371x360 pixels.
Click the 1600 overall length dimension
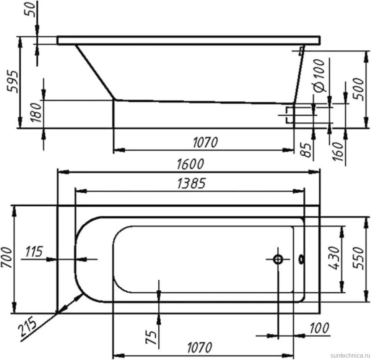point(190,164)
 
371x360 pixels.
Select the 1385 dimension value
point(191,183)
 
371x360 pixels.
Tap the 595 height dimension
point(13,81)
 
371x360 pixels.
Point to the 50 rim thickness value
point(30,10)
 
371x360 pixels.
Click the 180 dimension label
point(36,112)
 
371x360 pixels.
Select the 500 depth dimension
point(358,89)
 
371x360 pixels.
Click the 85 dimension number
point(306,150)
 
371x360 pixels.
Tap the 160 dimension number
point(338,151)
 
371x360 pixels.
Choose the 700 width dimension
point(7,257)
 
